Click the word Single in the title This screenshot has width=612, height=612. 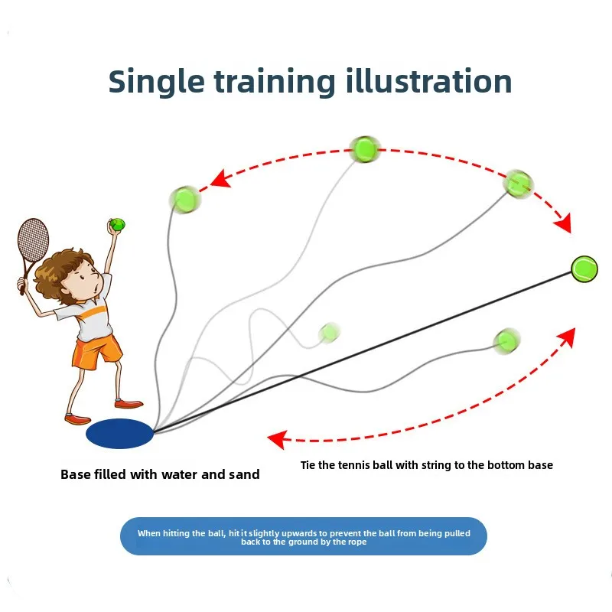coord(156,81)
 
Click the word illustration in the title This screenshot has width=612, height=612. coord(428,80)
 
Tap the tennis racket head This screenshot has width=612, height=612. coord(33,239)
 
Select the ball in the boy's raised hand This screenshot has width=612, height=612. coord(117,224)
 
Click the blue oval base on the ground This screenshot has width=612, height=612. coord(119,433)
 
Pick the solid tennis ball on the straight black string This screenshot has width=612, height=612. coord(584,269)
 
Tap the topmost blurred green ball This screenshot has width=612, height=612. coord(365,149)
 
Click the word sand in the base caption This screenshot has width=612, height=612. coord(244,474)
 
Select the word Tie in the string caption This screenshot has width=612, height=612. coord(308,465)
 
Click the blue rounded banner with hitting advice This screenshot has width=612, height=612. coord(304,536)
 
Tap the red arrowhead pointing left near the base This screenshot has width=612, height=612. coord(278,439)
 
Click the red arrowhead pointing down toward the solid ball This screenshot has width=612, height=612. coord(564,223)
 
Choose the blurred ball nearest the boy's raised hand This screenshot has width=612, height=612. coord(184,200)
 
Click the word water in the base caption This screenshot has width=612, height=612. coord(180,474)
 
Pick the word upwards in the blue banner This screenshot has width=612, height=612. coord(299,533)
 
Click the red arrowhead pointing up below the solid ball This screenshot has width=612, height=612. coord(568,337)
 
